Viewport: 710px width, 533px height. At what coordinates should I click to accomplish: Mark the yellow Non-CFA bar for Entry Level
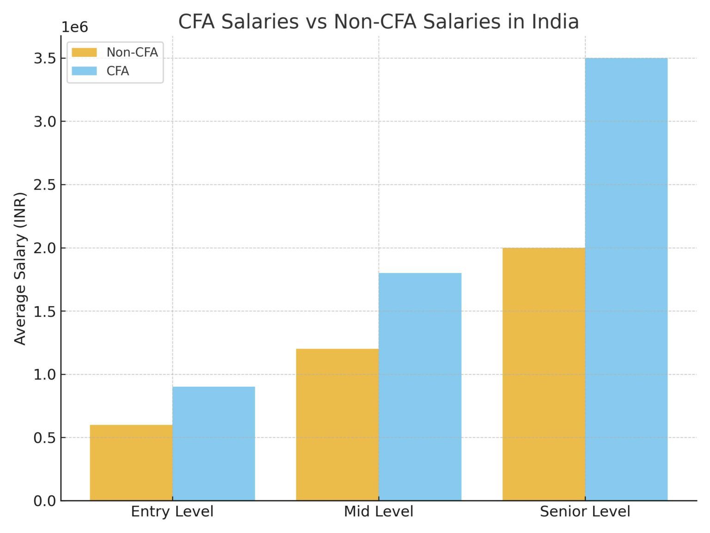(x=131, y=462)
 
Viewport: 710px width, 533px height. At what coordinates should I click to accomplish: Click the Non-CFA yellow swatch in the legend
(x=84, y=52)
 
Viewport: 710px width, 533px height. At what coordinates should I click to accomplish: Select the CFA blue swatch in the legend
(x=84, y=71)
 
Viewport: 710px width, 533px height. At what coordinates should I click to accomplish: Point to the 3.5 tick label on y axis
(x=44, y=58)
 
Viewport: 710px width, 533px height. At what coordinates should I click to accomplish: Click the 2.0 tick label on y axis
(x=44, y=248)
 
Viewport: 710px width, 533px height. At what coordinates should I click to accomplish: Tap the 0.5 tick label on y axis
(x=44, y=438)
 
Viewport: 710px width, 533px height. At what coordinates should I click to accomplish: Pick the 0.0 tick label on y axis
(x=44, y=501)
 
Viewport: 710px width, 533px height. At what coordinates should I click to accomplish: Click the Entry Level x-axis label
(x=172, y=512)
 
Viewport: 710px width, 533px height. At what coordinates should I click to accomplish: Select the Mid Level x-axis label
(x=379, y=512)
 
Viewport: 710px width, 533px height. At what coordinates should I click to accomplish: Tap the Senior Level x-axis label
(x=585, y=512)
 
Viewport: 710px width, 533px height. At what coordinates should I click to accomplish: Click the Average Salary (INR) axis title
(x=20, y=268)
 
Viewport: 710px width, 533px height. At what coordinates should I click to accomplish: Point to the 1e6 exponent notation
(x=75, y=27)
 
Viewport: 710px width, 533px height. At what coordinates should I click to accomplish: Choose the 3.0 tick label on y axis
(x=44, y=122)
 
